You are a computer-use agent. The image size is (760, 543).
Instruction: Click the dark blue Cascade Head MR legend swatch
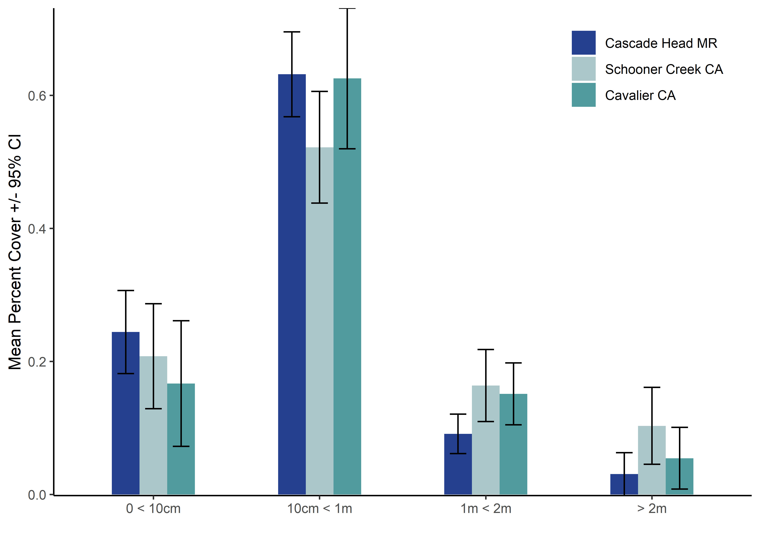(584, 43)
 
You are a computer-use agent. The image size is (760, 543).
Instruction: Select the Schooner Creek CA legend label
(664, 69)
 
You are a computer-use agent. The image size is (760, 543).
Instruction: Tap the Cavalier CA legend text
(640, 95)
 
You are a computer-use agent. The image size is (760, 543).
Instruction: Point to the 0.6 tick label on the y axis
(37, 96)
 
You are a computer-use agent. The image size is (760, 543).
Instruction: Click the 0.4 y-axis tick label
(37, 229)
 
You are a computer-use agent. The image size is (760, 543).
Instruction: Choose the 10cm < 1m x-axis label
(320, 509)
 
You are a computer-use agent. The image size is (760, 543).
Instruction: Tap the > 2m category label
(652, 509)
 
